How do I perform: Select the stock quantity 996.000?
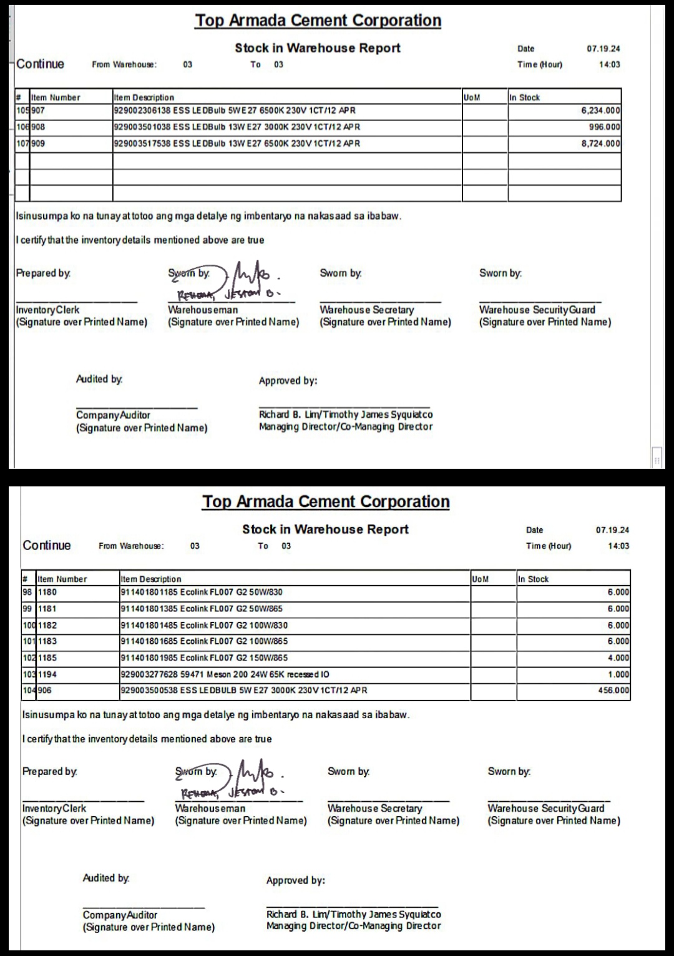click(x=604, y=127)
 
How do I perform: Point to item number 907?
click(x=38, y=111)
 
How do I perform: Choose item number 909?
click(x=38, y=144)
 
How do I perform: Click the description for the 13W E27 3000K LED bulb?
click(x=237, y=127)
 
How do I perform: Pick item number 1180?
click(x=47, y=592)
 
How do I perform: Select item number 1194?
click(x=47, y=674)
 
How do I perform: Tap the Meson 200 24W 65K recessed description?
click(x=225, y=674)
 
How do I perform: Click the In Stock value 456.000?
click(x=613, y=691)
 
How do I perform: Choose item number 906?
click(x=45, y=691)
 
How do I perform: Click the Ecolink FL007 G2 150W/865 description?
click(x=204, y=658)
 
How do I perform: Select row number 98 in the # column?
click(x=27, y=592)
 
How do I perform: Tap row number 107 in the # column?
click(x=22, y=144)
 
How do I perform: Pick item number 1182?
click(x=47, y=625)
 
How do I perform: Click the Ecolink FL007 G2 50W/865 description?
click(x=202, y=609)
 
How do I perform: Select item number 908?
click(x=38, y=127)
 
